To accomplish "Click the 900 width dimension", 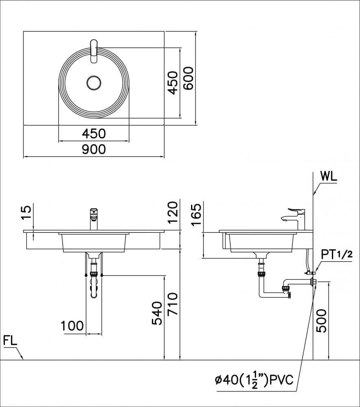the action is pos(94,149).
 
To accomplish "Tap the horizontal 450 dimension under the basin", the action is pos(94,133).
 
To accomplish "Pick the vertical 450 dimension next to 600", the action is pos(173,83).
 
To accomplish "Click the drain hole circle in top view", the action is pos(94,83).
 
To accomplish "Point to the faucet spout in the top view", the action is pos(94,51).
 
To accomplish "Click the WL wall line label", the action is pos(329,177).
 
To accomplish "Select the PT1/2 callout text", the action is pos(336,255).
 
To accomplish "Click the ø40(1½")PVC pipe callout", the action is pos(255,381).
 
